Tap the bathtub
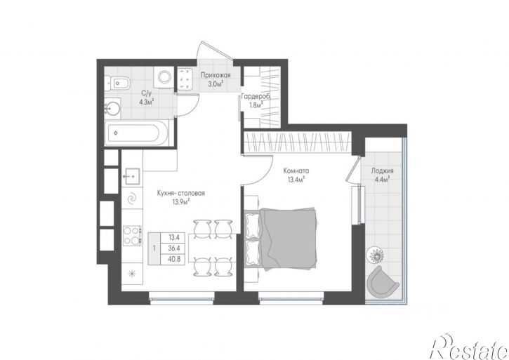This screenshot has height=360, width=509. click(137, 133)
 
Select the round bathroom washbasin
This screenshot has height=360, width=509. click(112, 109)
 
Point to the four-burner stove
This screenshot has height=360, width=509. click(132, 235)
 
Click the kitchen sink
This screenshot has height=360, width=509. click(132, 177)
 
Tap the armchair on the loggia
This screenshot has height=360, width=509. click(382, 281)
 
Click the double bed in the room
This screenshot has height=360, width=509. click(281, 239)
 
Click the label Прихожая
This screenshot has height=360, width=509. click(216, 75)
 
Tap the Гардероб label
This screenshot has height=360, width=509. click(256, 96)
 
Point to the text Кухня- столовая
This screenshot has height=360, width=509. click(180, 193)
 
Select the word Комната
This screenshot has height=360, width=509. click(296, 171)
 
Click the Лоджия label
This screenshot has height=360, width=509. click(383, 171)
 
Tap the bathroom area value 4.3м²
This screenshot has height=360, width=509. click(147, 102)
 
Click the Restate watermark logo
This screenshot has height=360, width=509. click(469, 347)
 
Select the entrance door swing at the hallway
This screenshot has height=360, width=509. click(215, 49)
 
